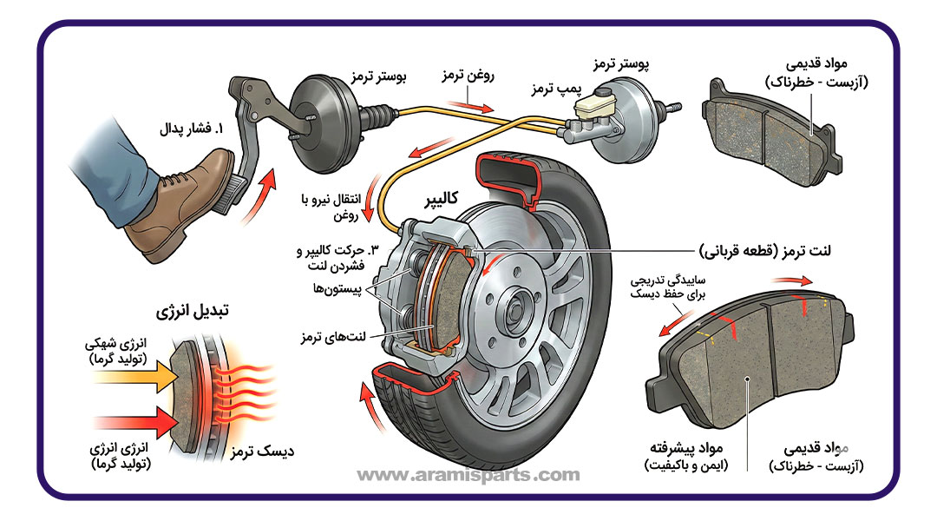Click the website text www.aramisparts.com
tap(468, 475)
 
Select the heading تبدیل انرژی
tap(185, 310)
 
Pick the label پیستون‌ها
tap(331, 287)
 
